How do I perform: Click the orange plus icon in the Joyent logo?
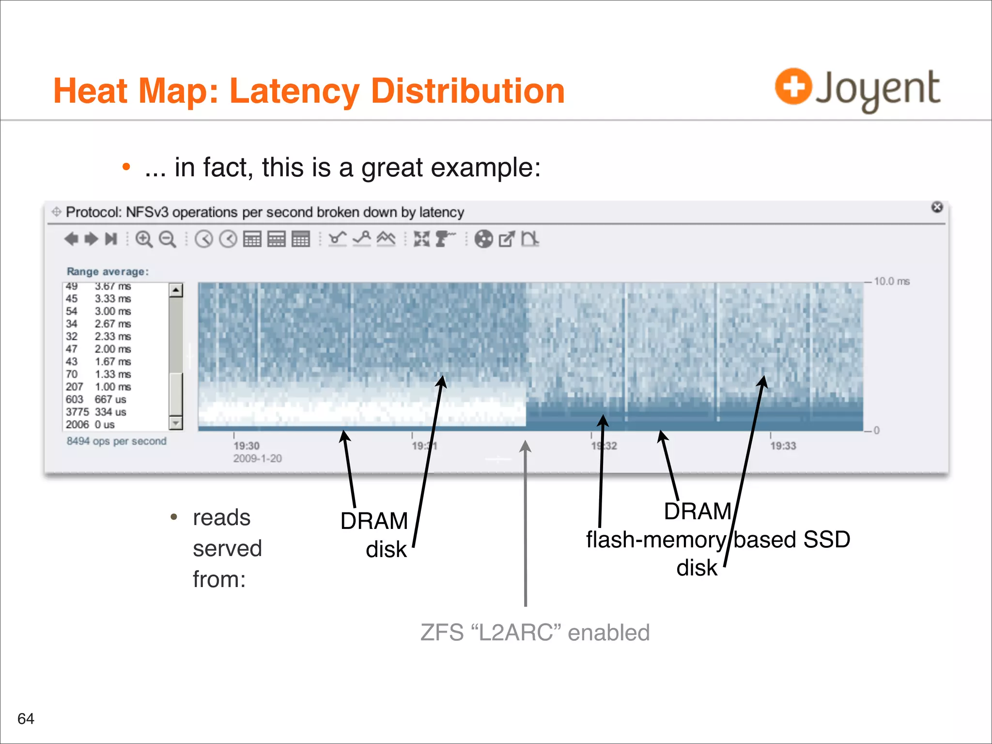coord(793,86)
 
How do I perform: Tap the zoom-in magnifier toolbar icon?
coord(143,239)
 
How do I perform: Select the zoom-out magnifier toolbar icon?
coord(168,239)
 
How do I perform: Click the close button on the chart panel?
coord(937,207)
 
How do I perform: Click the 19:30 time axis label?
coord(247,446)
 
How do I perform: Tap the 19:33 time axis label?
coord(783,446)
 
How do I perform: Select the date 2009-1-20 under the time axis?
coord(257,458)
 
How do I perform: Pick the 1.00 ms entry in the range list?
coord(112,387)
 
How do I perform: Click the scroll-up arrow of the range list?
coord(176,290)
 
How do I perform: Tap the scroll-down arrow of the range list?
coord(176,423)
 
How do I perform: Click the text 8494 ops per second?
coord(116,441)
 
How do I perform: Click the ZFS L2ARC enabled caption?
coord(535,633)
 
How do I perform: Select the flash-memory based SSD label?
coord(718,540)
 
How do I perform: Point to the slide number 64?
coord(26,718)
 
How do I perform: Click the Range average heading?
coord(108,272)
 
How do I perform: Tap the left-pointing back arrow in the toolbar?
coord(71,239)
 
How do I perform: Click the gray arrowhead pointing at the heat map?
coord(525,446)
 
